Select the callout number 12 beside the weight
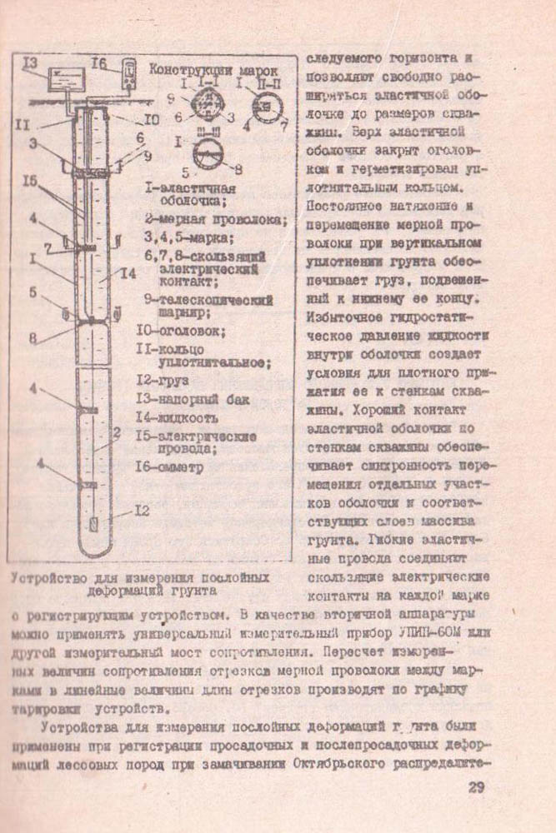pyautogui.click(x=143, y=511)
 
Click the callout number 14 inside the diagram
pyautogui.click(x=128, y=273)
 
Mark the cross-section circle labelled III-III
pyautogui.click(x=208, y=155)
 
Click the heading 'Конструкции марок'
pyautogui.click(x=213, y=70)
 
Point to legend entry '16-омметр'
pyautogui.click(x=169, y=466)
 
